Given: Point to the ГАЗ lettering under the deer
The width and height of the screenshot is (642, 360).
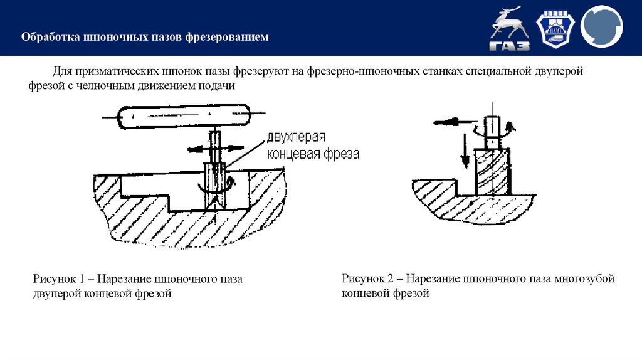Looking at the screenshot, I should (x=510, y=46).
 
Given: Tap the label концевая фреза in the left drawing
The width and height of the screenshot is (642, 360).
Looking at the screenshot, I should (x=313, y=154).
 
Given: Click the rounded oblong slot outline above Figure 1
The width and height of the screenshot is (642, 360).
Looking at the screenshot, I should (x=184, y=117).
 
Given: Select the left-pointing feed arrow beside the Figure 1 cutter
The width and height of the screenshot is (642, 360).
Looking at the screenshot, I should (x=197, y=149).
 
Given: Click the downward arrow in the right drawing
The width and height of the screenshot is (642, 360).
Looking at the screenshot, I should (x=465, y=151).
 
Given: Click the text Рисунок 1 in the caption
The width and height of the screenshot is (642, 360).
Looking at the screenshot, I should (x=58, y=278).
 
